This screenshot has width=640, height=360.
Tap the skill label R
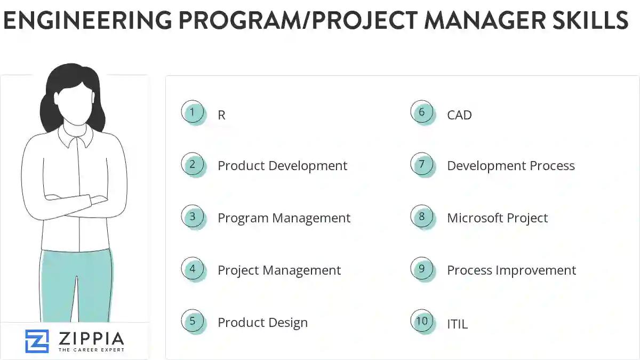tap(222, 115)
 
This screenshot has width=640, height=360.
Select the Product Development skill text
tap(282, 166)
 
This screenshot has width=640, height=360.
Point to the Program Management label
tap(284, 218)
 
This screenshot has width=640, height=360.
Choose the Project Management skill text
tap(279, 270)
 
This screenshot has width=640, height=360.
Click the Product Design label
tap(262, 323)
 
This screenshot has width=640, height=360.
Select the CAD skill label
tap(459, 115)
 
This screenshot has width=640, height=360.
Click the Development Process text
tap(510, 166)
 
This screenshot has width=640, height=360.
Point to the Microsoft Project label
tap(497, 218)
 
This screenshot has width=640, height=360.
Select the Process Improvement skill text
tap(511, 270)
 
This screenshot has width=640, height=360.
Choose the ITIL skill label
tap(457, 324)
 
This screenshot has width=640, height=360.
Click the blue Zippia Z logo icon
tap(37, 341)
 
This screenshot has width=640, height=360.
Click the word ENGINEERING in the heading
tap(87, 20)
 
